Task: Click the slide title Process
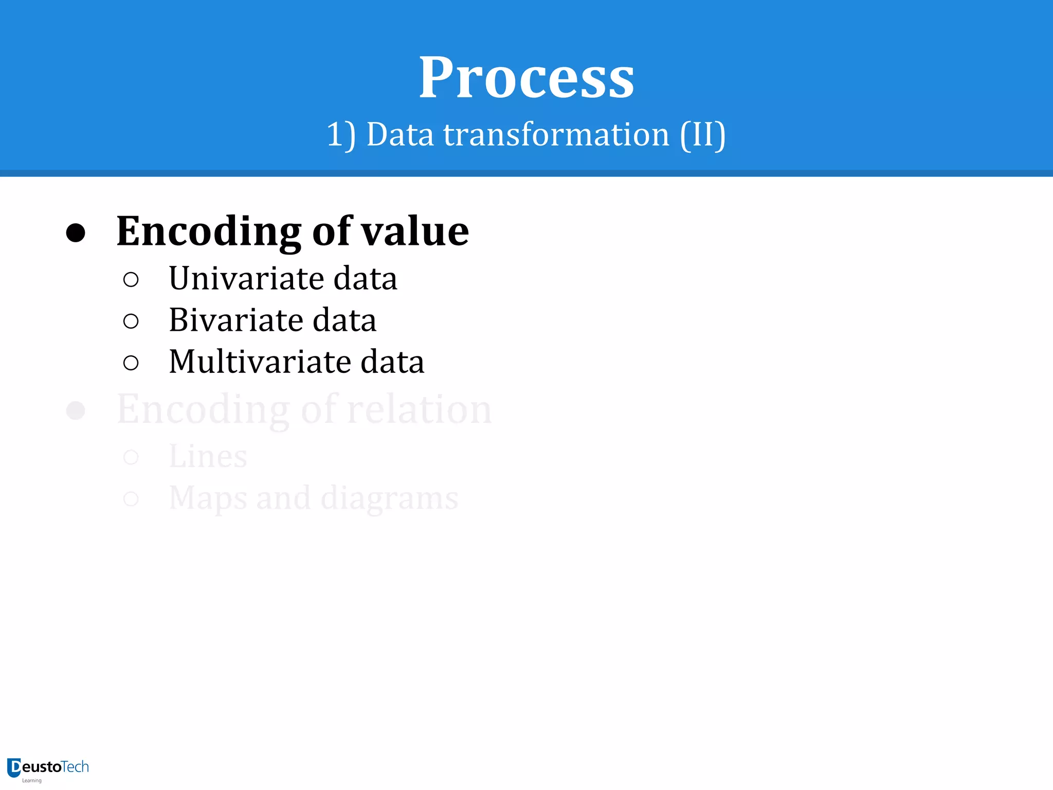[x=526, y=78]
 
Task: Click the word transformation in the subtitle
[x=556, y=135]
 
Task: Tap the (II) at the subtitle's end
[x=703, y=135]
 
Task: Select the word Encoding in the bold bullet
[x=209, y=231]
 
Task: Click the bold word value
[x=415, y=231]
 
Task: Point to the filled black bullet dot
[x=76, y=232]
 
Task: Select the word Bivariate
[x=236, y=320]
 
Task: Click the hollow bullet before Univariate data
[x=131, y=279]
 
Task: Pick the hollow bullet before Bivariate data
[x=131, y=321]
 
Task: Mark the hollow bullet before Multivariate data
[x=131, y=363]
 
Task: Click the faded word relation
[x=419, y=409]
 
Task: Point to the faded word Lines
[x=208, y=456]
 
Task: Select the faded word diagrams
[x=389, y=498]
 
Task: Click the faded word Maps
[x=208, y=498]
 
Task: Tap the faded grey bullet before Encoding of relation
[x=76, y=410]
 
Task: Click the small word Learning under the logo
[x=31, y=781]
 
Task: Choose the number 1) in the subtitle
[x=341, y=135]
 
